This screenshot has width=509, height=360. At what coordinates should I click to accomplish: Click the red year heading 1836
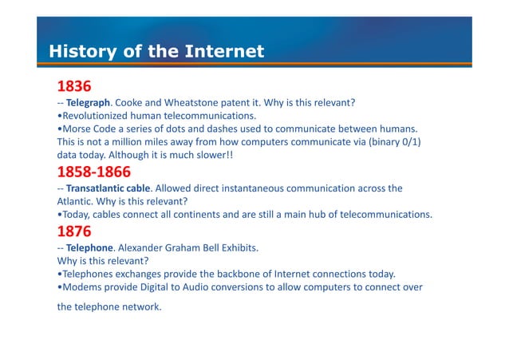point(74,86)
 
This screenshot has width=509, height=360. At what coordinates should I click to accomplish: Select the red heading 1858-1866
point(94,172)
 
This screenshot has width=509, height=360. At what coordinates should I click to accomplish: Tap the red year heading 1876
point(75,231)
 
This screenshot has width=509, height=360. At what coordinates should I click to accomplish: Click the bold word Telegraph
point(88,103)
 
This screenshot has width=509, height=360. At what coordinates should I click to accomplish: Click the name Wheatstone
point(192,103)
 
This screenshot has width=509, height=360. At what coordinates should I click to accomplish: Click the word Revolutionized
point(97,116)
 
